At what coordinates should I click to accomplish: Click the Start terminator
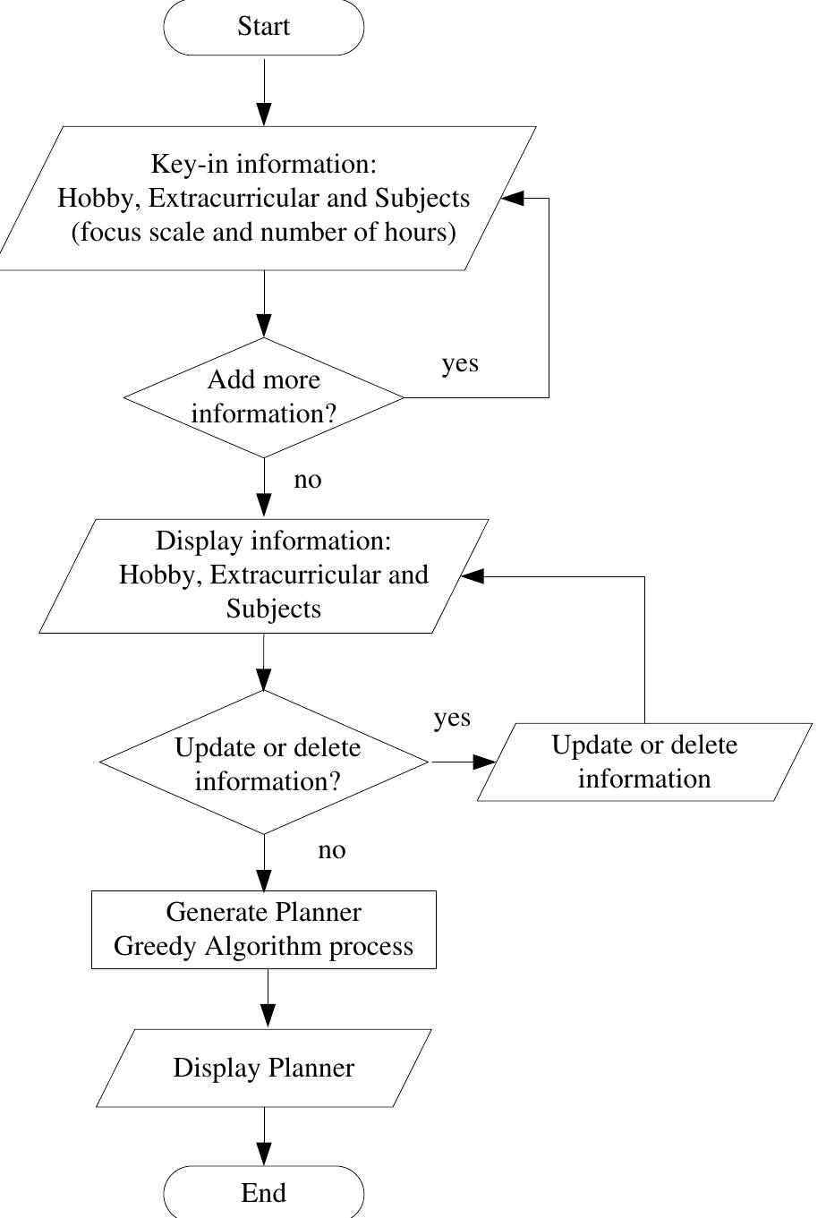click(x=264, y=27)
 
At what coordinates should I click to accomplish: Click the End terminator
click(x=264, y=1193)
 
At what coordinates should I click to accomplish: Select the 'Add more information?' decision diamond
click(x=264, y=397)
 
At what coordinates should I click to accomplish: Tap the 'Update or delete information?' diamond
click(x=264, y=762)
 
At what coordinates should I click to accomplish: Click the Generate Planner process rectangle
click(x=264, y=929)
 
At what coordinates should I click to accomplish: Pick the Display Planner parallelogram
click(x=264, y=1068)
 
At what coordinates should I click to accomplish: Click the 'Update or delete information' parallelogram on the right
click(x=644, y=762)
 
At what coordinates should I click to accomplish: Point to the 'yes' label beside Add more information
click(x=460, y=364)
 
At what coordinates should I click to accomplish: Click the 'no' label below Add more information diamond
click(x=307, y=480)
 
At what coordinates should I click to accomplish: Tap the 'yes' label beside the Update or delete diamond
click(x=452, y=718)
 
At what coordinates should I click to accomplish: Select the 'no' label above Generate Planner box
click(x=331, y=850)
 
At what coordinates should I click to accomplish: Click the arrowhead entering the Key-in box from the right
click(x=512, y=199)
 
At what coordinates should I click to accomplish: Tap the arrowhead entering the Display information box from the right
click(x=471, y=577)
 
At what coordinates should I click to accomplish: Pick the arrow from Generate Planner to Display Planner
click(x=268, y=998)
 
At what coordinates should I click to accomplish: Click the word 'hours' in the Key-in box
click(x=425, y=233)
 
